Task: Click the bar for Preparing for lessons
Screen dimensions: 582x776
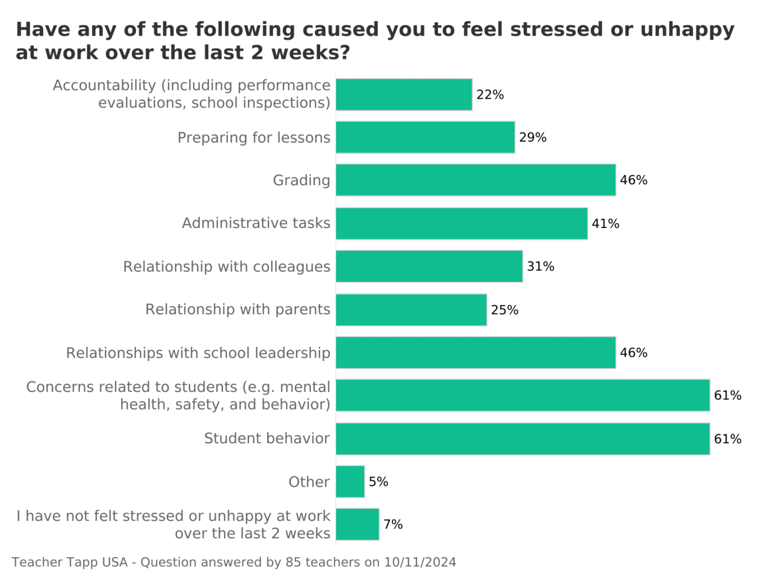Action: (425, 137)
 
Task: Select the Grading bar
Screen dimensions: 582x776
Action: (475, 180)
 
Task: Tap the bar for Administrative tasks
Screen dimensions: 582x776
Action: (461, 223)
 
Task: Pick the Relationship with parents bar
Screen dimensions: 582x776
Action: (411, 310)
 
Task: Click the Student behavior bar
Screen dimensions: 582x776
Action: (523, 439)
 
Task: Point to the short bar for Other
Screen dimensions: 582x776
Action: (350, 482)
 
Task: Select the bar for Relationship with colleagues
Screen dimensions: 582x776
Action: (429, 266)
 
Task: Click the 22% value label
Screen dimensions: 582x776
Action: (490, 95)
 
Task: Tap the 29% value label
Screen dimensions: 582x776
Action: (532, 137)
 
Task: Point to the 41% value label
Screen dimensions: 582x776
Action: (605, 224)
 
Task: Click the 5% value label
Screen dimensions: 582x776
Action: (378, 482)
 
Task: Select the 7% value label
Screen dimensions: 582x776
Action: (393, 524)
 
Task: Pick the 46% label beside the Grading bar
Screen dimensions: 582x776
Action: (633, 180)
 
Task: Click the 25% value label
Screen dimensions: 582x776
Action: (504, 310)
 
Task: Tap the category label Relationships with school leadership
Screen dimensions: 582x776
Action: (198, 353)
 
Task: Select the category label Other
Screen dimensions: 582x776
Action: (309, 482)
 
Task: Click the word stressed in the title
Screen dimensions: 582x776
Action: (556, 30)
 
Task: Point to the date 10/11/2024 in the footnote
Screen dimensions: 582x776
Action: (420, 563)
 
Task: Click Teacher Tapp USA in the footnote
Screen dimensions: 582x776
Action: (70, 563)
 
